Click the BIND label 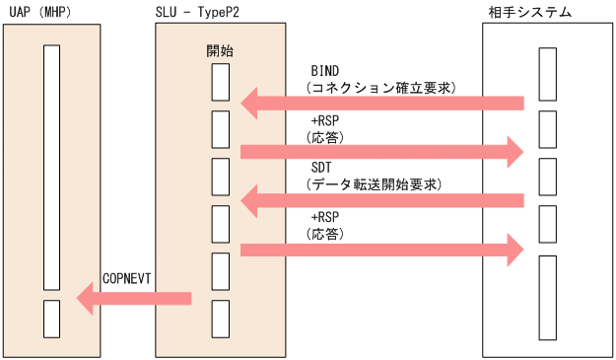click(325, 72)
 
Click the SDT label click(321, 169)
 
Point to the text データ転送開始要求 click(375, 184)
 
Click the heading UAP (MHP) click(40, 12)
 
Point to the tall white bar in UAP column click(51, 166)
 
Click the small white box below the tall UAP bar click(51, 318)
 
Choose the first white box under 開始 click(221, 82)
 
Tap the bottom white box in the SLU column click(221, 318)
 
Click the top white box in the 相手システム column click(547, 82)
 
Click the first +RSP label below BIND click(325, 120)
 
